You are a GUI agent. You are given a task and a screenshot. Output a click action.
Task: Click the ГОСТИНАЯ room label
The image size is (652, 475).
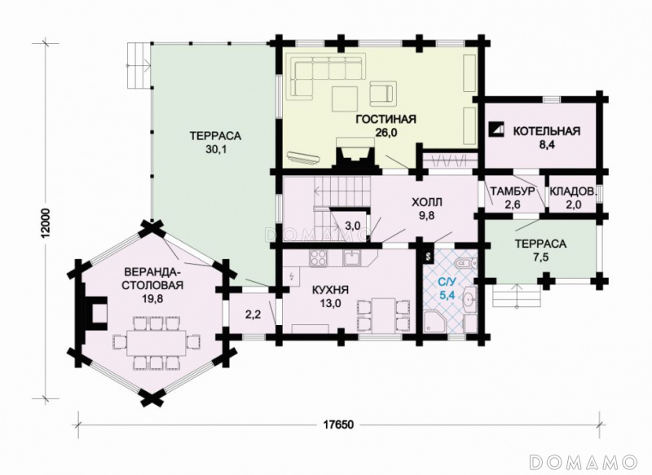click(x=385, y=120)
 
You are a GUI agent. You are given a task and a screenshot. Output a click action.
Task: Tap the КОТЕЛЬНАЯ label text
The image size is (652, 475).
click(x=546, y=131)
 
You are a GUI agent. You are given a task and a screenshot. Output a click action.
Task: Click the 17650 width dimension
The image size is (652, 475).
click(x=338, y=425)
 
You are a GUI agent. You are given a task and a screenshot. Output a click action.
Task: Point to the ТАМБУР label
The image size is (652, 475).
click(x=511, y=191)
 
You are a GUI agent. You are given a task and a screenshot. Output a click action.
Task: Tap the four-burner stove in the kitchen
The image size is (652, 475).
click(x=319, y=258)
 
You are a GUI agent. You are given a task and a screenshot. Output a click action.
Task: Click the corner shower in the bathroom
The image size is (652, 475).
click(x=434, y=322)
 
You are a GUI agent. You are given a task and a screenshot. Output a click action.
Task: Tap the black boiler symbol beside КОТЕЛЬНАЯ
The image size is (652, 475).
click(x=496, y=130)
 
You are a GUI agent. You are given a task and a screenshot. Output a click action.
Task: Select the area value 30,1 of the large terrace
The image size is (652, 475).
click(x=215, y=149)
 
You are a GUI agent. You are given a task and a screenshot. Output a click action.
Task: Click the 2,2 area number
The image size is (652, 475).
click(x=253, y=314)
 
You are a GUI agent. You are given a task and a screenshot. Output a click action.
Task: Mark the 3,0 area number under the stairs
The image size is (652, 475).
click(x=353, y=226)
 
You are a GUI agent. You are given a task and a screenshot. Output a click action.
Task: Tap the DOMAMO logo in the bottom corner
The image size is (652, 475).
click(x=584, y=461)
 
